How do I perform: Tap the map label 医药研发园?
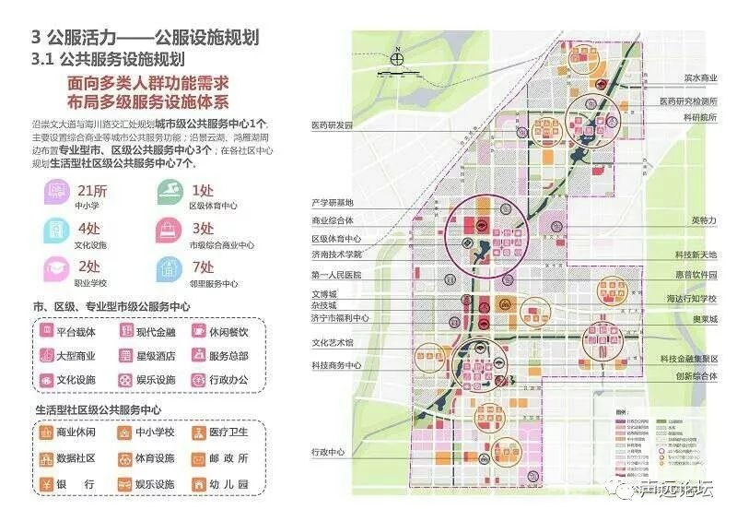tap(332, 124)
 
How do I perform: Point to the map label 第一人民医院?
tap(336, 275)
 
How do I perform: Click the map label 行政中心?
tap(327, 452)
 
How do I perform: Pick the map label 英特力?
tap(703, 220)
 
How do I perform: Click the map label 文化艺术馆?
tap(333, 342)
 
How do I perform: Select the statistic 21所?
tap(89, 190)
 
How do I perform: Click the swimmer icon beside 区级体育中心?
tap(169, 194)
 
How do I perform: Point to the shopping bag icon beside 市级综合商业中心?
tap(169, 231)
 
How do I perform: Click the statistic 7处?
tap(201, 266)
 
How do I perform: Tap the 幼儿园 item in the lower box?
tap(219, 483)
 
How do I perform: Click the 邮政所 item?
tap(219, 457)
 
